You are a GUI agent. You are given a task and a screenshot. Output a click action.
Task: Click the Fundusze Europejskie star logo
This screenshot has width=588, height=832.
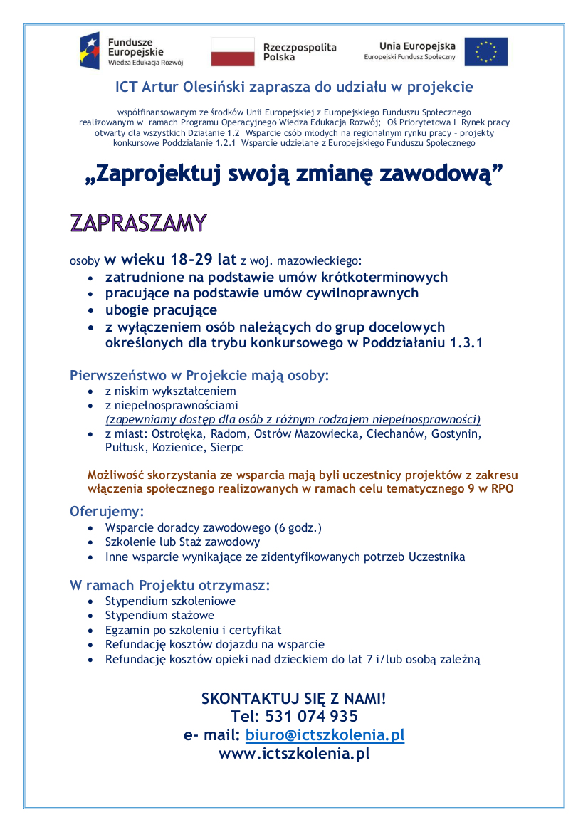[x=90, y=51]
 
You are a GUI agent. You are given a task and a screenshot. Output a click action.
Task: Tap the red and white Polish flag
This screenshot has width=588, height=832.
[x=232, y=52]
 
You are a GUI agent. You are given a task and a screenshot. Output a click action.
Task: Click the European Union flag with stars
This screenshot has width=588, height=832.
[x=486, y=52]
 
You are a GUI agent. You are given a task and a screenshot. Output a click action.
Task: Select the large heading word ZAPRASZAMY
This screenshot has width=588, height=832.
[x=138, y=222]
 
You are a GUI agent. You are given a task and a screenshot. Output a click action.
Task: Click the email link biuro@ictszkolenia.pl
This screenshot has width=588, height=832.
[x=325, y=734]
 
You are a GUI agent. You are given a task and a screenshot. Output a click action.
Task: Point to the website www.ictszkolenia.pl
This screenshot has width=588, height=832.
[x=294, y=753]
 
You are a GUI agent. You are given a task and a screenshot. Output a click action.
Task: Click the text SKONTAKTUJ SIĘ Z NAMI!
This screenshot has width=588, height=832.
[x=294, y=698]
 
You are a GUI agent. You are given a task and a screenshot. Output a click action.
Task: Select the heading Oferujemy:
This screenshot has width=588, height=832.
[x=107, y=511]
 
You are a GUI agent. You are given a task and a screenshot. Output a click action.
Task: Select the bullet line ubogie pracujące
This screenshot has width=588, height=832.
[x=161, y=310]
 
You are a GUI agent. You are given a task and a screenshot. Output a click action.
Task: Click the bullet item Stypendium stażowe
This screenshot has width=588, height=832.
[x=159, y=615]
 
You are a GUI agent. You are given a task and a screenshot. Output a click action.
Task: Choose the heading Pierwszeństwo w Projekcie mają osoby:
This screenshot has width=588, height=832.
[x=199, y=375]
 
